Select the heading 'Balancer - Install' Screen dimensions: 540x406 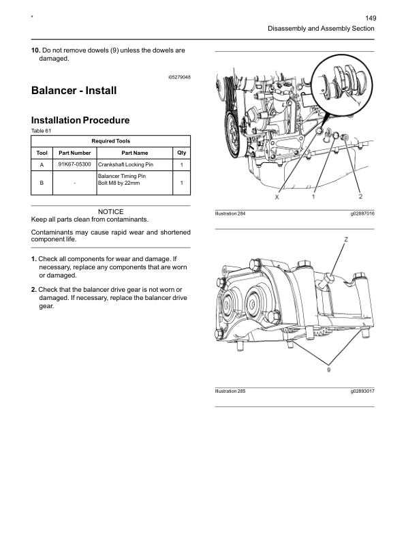pos(74,91)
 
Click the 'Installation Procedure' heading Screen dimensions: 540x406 pos(80,121)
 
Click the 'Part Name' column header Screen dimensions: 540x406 pos(134,153)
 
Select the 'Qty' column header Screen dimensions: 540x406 pos(181,153)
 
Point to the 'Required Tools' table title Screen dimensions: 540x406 pos(111,140)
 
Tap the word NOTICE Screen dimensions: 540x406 pos(111,212)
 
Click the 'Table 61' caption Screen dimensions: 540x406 pos(42,130)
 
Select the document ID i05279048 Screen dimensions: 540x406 pos(178,78)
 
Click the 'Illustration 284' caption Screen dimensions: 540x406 pos(230,214)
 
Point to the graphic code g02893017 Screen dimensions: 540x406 pos(362,392)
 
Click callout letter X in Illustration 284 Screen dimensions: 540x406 pos(277,197)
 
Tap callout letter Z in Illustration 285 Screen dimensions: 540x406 pos(346,239)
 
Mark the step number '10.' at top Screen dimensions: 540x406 pos(36,51)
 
